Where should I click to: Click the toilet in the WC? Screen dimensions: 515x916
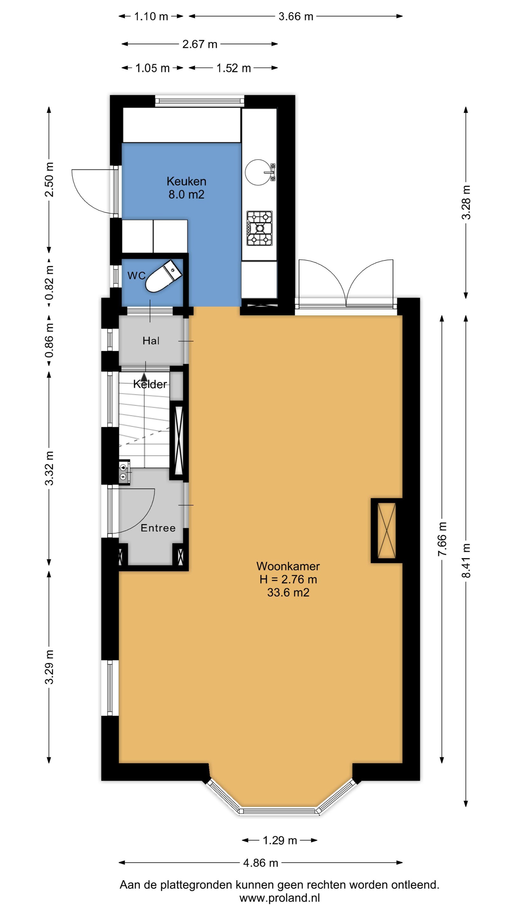[x=164, y=276]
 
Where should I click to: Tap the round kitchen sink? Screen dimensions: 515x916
[x=257, y=172]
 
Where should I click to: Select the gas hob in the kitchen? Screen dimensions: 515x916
[x=259, y=228]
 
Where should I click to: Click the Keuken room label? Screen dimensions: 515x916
[x=187, y=181]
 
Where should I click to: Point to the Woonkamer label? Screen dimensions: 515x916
[x=288, y=566]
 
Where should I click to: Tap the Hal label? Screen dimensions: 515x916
[x=151, y=341]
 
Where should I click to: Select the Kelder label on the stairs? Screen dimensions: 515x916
[x=150, y=384]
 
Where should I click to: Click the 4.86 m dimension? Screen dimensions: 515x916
[x=261, y=863]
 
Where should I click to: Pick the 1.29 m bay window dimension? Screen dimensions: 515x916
[x=280, y=840]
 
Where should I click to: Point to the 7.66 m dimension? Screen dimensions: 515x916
[x=442, y=539]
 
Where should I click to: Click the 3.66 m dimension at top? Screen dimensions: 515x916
[x=296, y=16]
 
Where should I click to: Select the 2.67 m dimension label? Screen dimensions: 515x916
[x=200, y=44]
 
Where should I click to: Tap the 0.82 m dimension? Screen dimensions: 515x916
[x=49, y=282]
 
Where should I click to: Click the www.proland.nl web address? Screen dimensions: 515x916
[x=280, y=898]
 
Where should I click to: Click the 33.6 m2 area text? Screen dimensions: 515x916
[x=288, y=593]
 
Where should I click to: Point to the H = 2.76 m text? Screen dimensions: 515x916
[x=288, y=579]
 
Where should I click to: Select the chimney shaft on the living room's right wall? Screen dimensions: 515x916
[x=386, y=531]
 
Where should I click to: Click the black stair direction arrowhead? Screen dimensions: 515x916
[x=144, y=377]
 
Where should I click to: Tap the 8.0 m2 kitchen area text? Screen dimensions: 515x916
[x=187, y=195]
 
